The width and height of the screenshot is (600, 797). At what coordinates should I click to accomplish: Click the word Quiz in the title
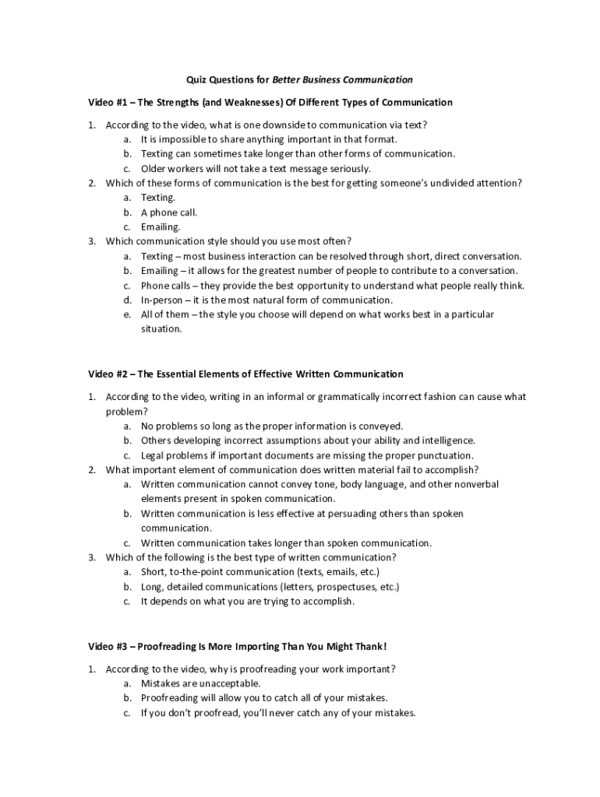click(x=196, y=79)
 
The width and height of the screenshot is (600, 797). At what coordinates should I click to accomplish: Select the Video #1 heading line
click(x=270, y=102)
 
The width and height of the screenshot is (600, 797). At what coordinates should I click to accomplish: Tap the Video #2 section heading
click(x=245, y=374)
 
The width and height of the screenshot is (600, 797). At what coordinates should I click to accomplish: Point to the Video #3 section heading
click(x=237, y=647)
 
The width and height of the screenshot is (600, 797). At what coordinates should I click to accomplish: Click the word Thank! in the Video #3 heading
click(x=370, y=647)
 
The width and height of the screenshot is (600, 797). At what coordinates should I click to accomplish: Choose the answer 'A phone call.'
click(x=169, y=212)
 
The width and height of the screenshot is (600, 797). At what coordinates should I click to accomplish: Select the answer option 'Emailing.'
click(x=161, y=227)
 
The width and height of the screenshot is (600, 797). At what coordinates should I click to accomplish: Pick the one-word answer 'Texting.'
click(x=158, y=198)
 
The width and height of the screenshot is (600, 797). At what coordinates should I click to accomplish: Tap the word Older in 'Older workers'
click(x=153, y=169)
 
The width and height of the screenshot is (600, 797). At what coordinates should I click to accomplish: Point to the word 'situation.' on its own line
click(x=161, y=328)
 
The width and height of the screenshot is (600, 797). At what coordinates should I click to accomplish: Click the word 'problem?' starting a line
click(x=127, y=411)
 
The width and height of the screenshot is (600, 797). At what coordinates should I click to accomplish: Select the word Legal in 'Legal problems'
click(x=153, y=455)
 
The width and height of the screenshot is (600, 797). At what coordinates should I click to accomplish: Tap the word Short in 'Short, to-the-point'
click(x=154, y=572)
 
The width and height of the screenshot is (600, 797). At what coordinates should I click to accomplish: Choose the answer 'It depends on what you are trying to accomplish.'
click(x=248, y=602)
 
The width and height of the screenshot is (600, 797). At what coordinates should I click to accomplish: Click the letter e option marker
click(x=126, y=314)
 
